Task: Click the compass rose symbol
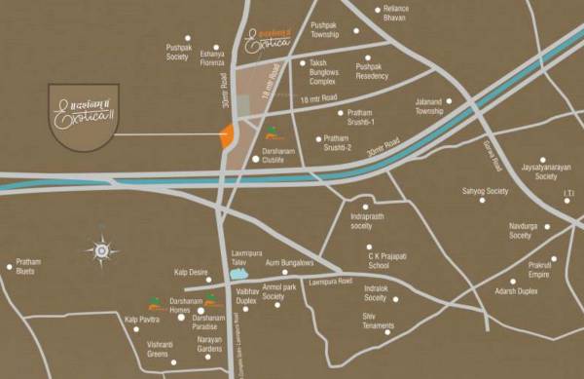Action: pos(101,250)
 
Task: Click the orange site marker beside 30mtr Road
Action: pos(227,136)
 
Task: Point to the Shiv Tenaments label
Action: pos(378,321)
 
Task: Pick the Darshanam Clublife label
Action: pos(284,159)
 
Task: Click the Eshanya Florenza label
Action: pos(212,57)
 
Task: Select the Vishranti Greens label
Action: pos(145,349)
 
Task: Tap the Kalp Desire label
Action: pos(192,273)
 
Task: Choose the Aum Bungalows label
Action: pos(289,262)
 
